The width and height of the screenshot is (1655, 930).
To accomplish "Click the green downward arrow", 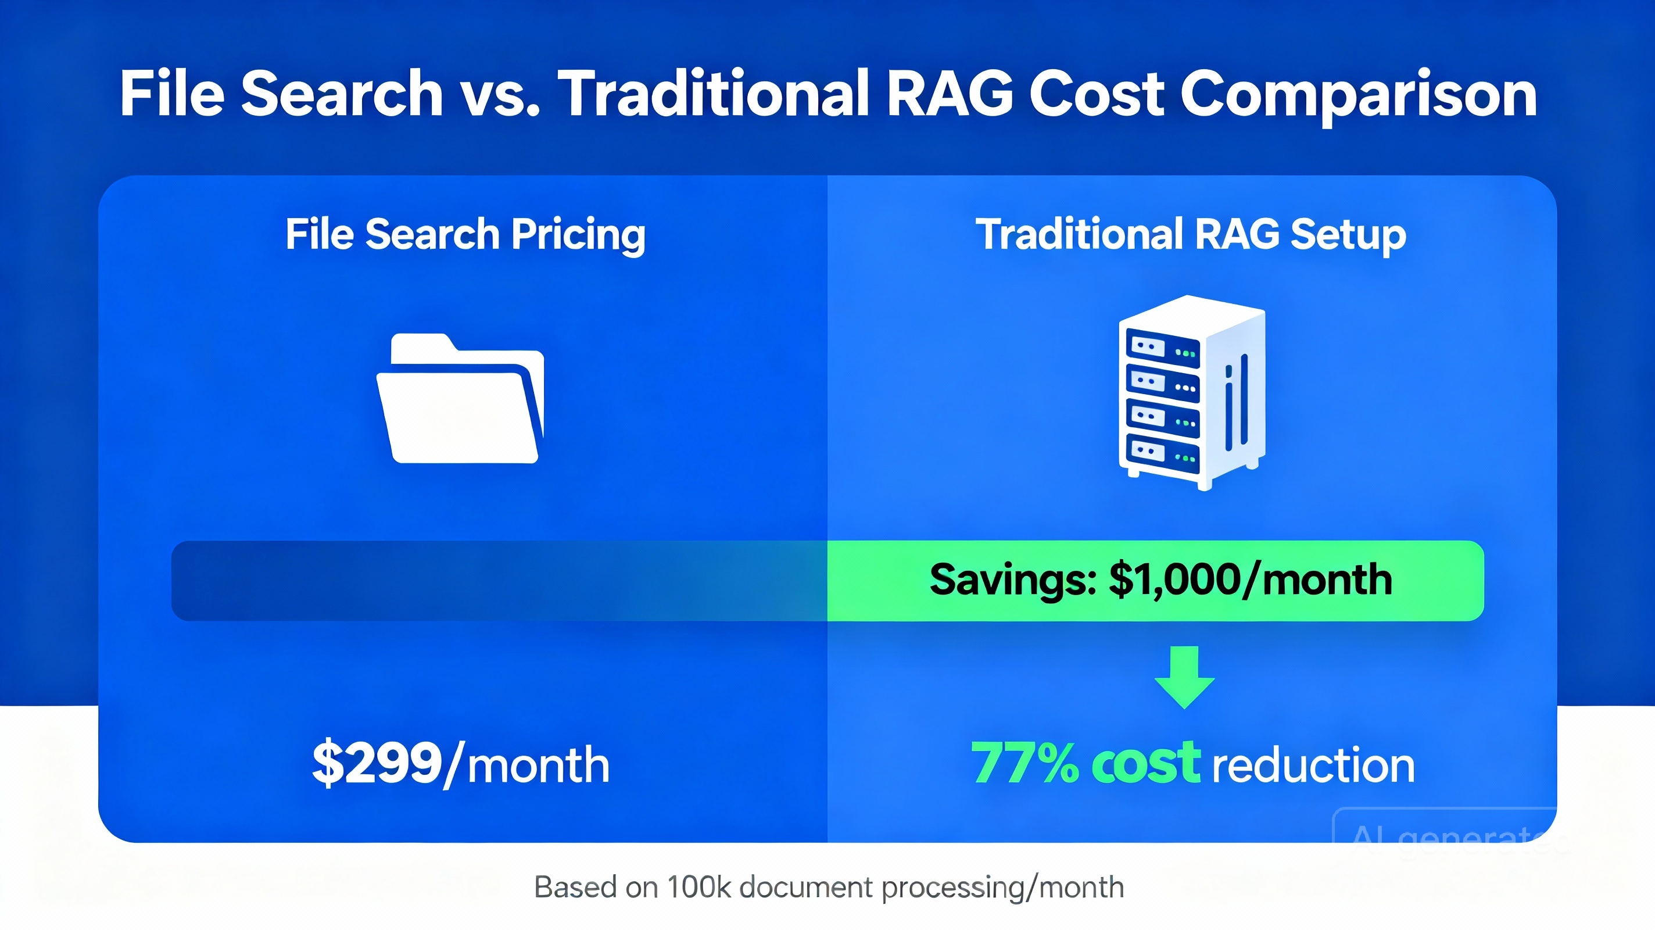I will [1184, 677].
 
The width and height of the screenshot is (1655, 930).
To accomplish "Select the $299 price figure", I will [377, 764].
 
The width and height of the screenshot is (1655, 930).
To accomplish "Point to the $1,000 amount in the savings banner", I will [1176, 580].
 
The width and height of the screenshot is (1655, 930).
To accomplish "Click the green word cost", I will [1145, 764].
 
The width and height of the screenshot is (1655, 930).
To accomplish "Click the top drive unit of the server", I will [1162, 349].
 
